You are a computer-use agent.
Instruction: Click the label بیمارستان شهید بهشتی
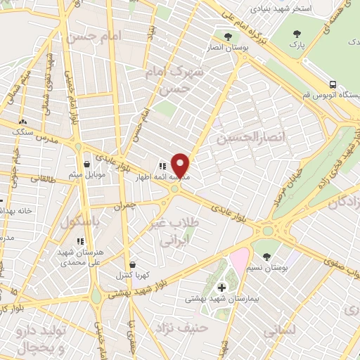222,299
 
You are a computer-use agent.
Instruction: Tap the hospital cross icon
222,287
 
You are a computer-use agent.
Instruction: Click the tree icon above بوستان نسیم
266,257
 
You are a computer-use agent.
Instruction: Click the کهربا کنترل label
132,276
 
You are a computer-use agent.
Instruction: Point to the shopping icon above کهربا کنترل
132,264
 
